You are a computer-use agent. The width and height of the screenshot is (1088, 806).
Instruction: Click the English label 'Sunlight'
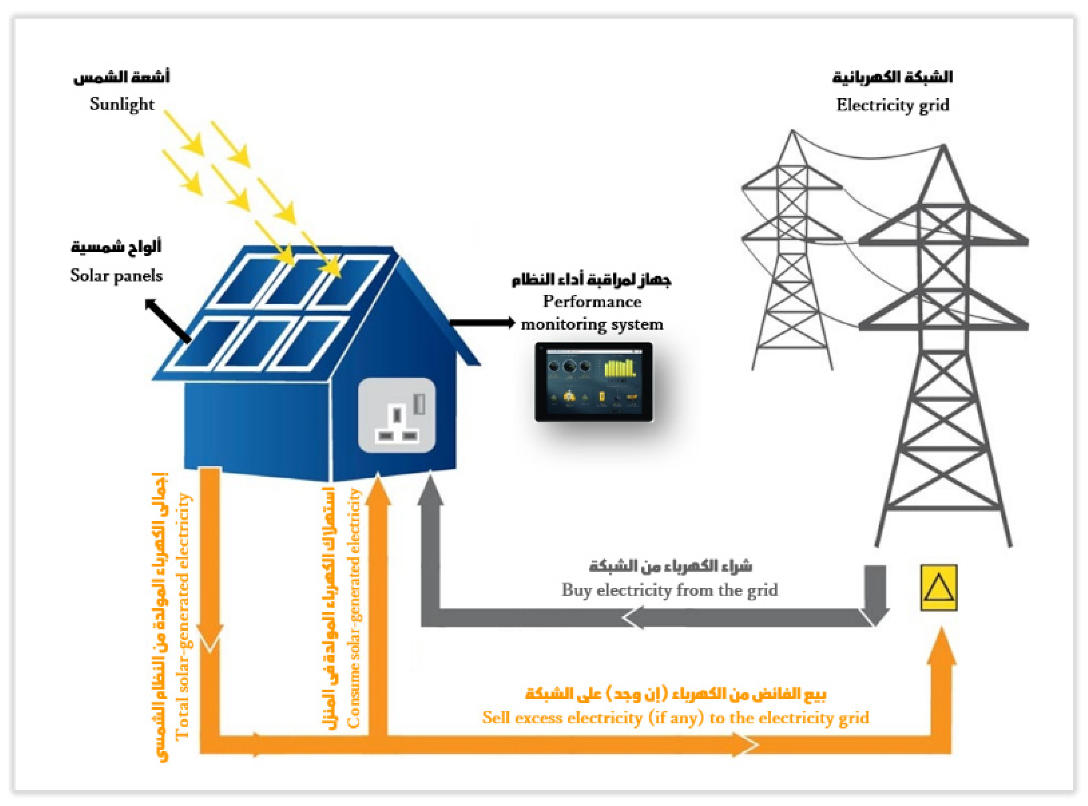pyautogui.click(x=122, y=104)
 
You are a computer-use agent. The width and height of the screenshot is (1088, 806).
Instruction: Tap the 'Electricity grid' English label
pyautogui.click(x=892, y=105)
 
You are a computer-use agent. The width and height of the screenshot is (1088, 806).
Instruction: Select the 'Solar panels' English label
pyautogui.click(x=116, y=275)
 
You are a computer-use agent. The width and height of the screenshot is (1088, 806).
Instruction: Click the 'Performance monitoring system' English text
pyautogui.click(x=592, y=313)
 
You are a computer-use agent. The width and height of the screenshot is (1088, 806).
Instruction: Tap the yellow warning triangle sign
pyautogui.click(x=939, y=587)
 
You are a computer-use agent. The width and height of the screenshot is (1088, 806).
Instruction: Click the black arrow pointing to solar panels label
pyautogui.click(x=167, y=320)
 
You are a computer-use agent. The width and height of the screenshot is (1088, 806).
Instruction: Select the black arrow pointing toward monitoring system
pyautogui.click(x=482, y=322)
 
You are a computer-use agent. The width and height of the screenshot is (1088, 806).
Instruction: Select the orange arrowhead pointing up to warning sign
pyautogui.click(x=941, y=646)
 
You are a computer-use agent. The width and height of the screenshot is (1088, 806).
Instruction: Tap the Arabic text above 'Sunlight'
pyautogui.click(x=122, y=77)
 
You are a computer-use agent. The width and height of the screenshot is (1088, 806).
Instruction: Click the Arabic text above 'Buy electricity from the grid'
pyautogui.click(x=670, y=566)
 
